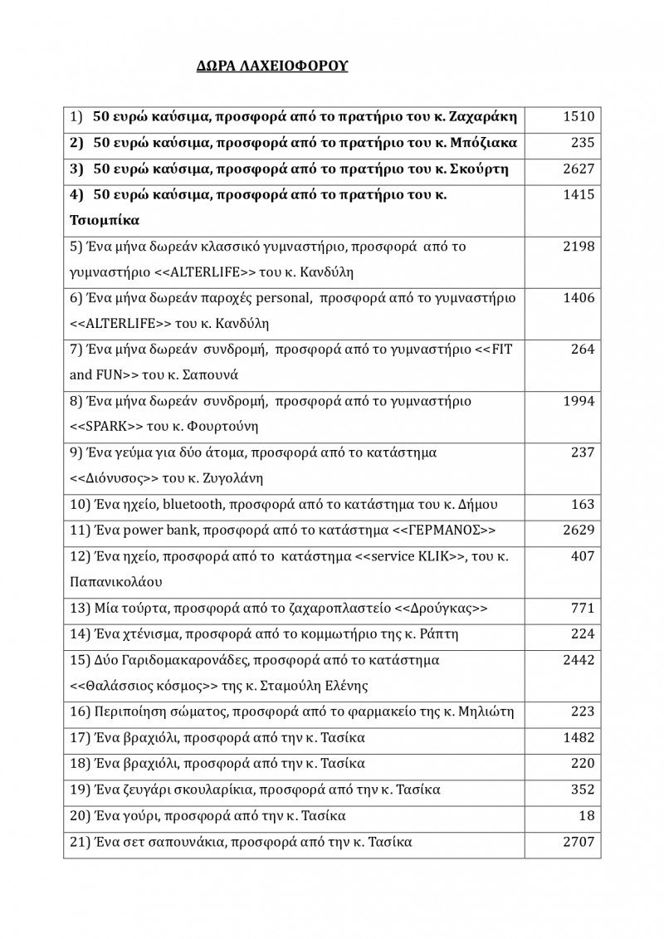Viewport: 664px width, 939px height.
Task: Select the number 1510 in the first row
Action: pos(579,116)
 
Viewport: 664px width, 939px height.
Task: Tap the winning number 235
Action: pos(583,143)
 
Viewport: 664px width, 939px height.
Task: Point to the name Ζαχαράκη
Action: pos(483,116)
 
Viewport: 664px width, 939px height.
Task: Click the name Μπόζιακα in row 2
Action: pos(484,143)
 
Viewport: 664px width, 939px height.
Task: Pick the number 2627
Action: pos(579,169)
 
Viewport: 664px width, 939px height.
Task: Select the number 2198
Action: pos(579,247)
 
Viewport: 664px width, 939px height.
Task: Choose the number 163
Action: pos(583,504)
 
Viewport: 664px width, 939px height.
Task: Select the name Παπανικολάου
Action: pos(115,581)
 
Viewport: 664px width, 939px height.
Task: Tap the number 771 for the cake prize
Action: pos(583,609)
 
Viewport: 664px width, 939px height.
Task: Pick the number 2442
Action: pos(579,660)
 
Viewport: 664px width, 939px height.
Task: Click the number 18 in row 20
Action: pos(588,815)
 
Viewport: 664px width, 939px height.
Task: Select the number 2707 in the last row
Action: pos(579,842)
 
